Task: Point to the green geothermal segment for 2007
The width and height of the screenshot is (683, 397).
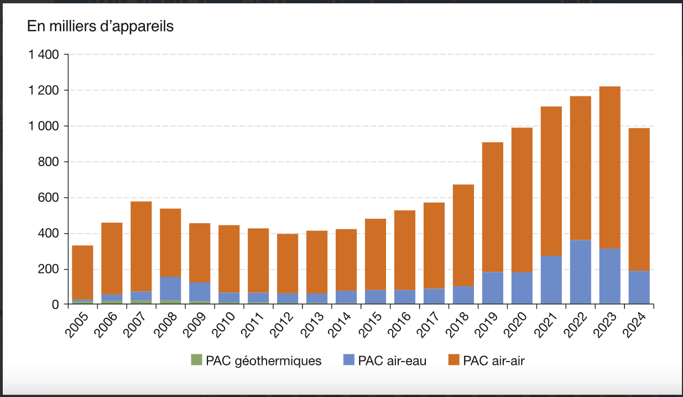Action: [141, 302]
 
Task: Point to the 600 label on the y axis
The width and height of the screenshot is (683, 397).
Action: [49, 198]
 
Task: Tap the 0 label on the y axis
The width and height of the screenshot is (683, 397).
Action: [55, 305]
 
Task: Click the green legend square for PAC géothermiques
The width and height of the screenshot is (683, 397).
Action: [196, 360]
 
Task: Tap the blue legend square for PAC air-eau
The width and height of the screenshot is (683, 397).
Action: [348, 360]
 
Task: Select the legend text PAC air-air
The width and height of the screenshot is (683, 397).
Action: [493, 360]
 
